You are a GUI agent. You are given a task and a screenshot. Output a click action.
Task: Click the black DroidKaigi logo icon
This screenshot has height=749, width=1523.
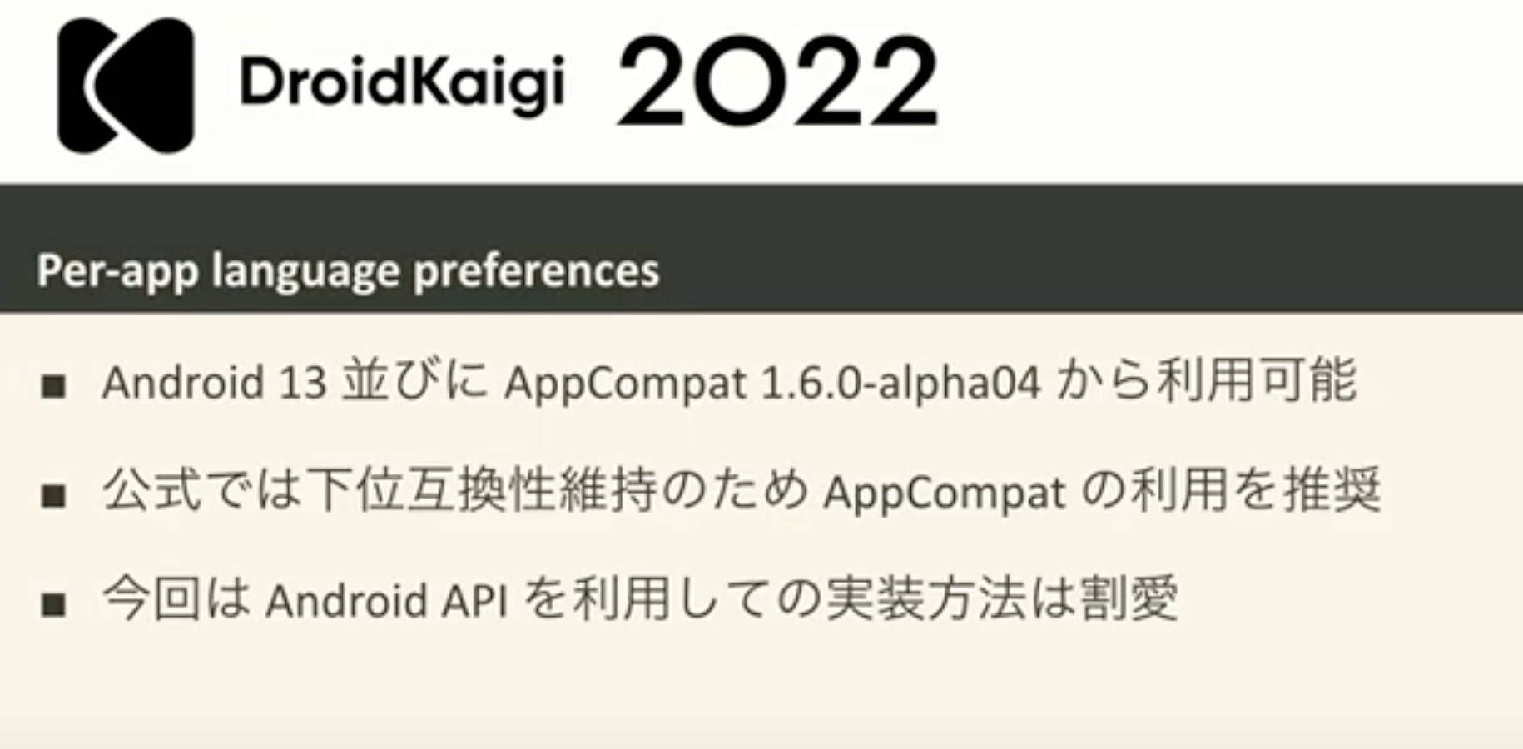pyautogui.click(x=126, y=85)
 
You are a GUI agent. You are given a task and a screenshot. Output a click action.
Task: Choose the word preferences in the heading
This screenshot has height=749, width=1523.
pyautogui.click(x=536, y=270)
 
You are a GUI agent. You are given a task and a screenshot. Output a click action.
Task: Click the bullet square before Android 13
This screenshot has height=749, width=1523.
pyautogui.click(x=54, y=386)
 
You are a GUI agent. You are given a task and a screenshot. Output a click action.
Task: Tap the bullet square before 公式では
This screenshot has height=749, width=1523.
pyautogui.click(x=54, y=496)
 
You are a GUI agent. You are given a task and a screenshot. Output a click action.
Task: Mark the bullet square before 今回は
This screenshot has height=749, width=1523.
pyautogui.click(x=54, y=604)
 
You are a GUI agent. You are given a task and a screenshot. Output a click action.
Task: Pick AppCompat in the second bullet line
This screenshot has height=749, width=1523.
pyautogui.click(x=944, y=494)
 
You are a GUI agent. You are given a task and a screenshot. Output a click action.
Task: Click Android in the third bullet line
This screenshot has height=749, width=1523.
pyautogui.click(x=346, y=601)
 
